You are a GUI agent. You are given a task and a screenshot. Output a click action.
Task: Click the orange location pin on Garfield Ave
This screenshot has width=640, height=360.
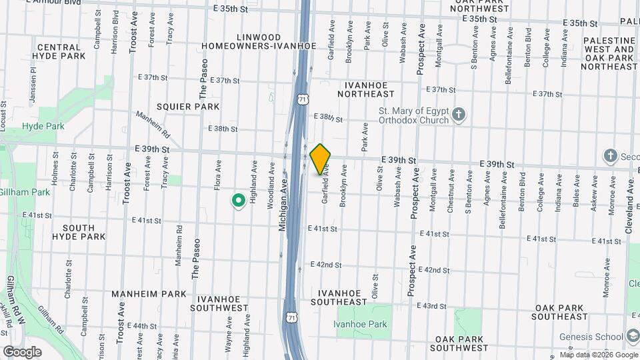tap(321, 159)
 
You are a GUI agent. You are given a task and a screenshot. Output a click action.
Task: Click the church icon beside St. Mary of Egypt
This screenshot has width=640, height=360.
tap(459, 115)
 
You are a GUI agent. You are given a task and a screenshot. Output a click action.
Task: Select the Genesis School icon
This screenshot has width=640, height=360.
tap(633, 337)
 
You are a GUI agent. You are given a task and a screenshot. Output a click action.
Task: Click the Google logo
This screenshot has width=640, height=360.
tap(22, 351)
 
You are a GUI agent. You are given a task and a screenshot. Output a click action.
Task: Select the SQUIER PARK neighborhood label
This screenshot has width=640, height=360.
tap(188, 107)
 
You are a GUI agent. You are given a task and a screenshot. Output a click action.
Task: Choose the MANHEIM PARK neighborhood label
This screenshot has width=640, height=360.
tap(149, 294)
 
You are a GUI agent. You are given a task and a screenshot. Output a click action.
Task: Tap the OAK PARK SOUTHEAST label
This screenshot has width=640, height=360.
tap(561, 312)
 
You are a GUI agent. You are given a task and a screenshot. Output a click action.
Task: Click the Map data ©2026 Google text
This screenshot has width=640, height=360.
tap(599, 355)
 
